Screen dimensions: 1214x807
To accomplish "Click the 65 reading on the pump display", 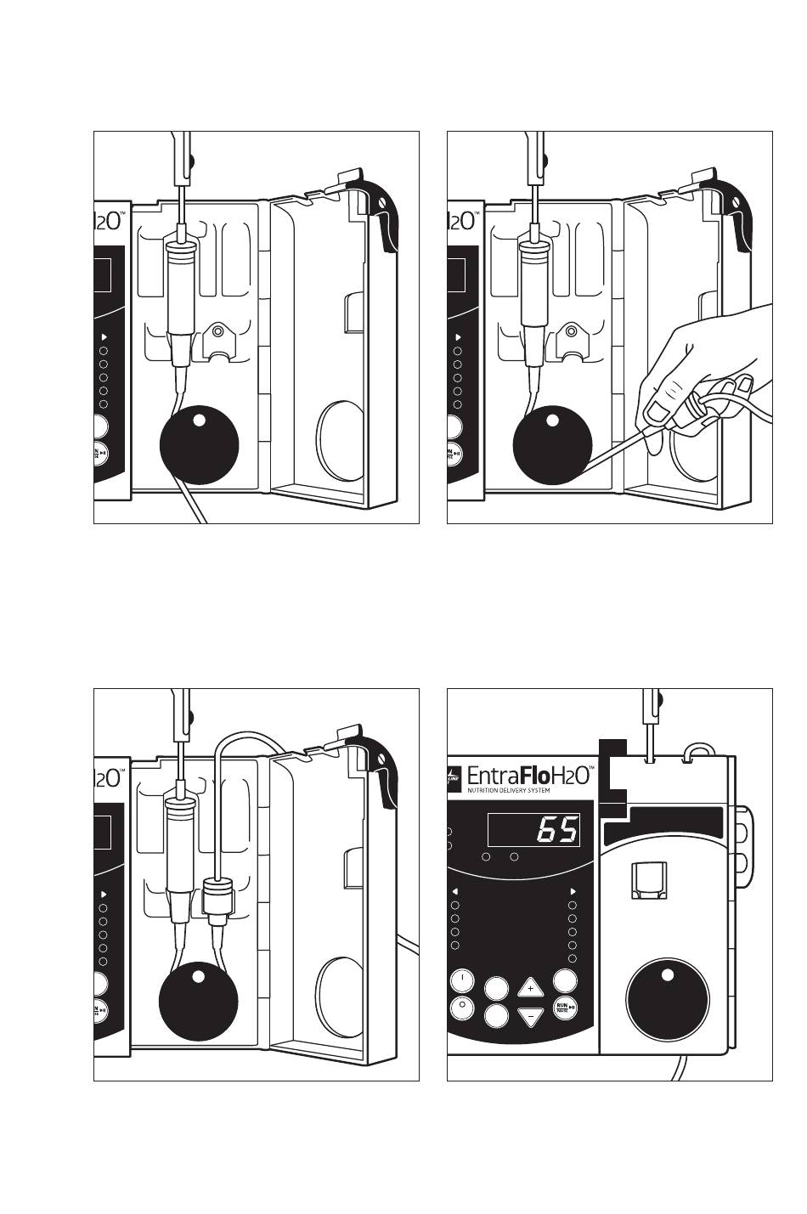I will point(557,829).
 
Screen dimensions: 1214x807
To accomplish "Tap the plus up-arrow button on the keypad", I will point(530,988).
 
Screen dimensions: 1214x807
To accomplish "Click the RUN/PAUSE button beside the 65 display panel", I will point(565,1008).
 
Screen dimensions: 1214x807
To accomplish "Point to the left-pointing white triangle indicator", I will point(455,891).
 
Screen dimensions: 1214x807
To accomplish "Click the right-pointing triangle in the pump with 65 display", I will point(573,891).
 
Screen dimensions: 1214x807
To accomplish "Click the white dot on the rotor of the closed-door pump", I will point(667,974).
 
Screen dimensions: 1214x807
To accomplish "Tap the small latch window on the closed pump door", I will point(648,879).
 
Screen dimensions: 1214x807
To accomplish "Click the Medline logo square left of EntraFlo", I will point(453,775).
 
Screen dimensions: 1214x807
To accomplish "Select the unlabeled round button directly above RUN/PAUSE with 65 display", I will point(565,980).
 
